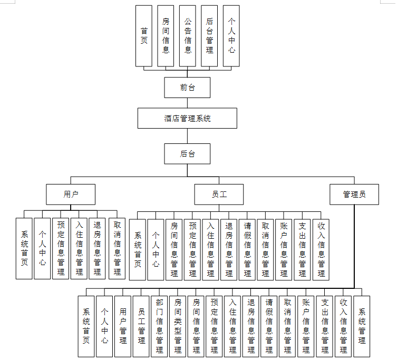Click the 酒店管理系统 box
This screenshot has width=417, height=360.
[x=187, y=118]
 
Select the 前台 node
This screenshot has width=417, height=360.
[x=187, y=87]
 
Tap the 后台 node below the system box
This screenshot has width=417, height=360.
[x=187, y=154]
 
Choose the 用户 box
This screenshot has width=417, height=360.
[x=71, y=194]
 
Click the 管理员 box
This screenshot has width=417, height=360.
[x=354, y=194]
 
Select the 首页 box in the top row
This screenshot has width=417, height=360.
[x=144, y=36]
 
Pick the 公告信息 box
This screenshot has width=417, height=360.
[x=188, y=36]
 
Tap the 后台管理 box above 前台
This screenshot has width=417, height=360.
[x=209, y=36]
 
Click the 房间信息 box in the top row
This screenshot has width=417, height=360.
[x=166, y=36]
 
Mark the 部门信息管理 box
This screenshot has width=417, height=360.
[x=160, y=326]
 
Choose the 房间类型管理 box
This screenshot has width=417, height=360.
[x=178, y=326]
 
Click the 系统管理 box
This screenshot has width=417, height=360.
[x=362, y=326]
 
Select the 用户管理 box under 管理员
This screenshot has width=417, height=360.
[x=123, y=326]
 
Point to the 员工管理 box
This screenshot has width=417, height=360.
[x=141, y=326]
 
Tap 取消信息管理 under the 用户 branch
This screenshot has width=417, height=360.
[x=117, y=248]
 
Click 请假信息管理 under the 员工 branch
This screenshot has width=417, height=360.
[x=247, y=249]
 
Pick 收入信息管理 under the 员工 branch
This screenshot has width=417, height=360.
[x=321, y=249]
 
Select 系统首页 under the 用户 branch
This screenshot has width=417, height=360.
[x=24, y=248]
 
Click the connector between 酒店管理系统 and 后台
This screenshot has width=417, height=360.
[x=187, y=136]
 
